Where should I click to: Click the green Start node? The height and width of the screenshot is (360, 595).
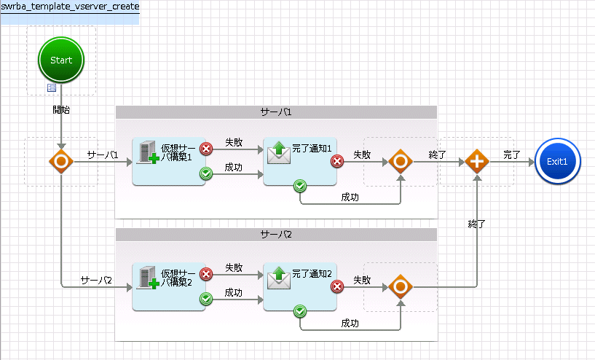pyautogui.click(x=61, y=60)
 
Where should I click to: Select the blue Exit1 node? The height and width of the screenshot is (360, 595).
pyautogui.click(x=557, y=161)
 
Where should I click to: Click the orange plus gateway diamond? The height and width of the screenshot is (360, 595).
pyautogui.click(x=477, y=161)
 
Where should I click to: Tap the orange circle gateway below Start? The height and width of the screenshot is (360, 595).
pyautogui.click(x=61, y=161)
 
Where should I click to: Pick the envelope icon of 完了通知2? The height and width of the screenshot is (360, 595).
pyautogui.click(x=279, y=278)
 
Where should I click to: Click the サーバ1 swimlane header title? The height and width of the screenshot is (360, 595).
pyautogui.click(x=276, y=112)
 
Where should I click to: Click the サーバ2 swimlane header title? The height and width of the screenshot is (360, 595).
pyautogui.click(x=276, y=235)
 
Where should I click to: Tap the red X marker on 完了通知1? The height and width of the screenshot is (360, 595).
pyautogui.click(x=337, y=161)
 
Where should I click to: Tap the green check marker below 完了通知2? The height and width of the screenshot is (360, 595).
pyautogui.click(x=300, y=311)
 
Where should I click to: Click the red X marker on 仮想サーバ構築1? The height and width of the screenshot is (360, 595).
pyautogui.click(x=206, y=149)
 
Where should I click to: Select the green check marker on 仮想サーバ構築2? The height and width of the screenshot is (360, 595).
pyautogui.click(x=206, y=299)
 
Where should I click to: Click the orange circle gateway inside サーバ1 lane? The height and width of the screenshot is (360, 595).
pyautogui.click(x=401, y=161)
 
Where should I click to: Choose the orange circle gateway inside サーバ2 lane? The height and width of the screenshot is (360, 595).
pyautogui.click(x=401, y=286)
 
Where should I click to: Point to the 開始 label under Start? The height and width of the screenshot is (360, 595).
pyautogui.click(x=61, y=110)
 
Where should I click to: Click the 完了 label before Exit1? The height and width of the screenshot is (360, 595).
pyautogui.click(x=512, y=154)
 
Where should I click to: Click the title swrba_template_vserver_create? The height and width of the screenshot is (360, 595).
pyautogui.click(x=70, y=7)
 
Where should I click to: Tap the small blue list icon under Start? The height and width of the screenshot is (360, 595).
pyautogui.click(x=52, y=87)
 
